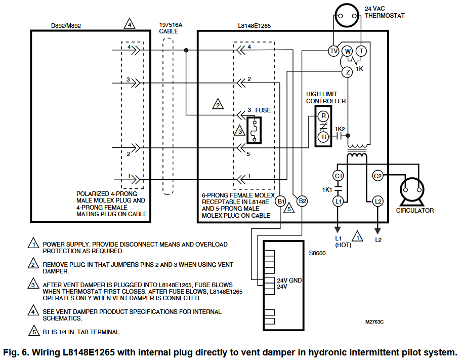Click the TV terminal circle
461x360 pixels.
tap(333, 51)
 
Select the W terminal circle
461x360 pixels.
tap(347, 51)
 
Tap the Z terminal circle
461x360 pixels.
tap(347, 72)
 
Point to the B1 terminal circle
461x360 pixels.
tap(281, 201)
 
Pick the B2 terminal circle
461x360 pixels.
tap(302, 201)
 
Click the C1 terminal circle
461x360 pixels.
tap(339, 176)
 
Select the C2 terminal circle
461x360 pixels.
tap(378, 176)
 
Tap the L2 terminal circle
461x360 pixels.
tap(378, 201)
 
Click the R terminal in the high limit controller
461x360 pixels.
tap(323, 116)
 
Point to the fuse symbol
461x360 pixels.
tap(254, 130)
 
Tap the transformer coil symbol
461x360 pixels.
tap(357, 153)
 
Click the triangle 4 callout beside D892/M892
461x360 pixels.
tap(130, 24)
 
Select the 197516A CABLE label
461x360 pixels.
tap(171, 27)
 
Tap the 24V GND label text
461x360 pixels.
tap(289, 280)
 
